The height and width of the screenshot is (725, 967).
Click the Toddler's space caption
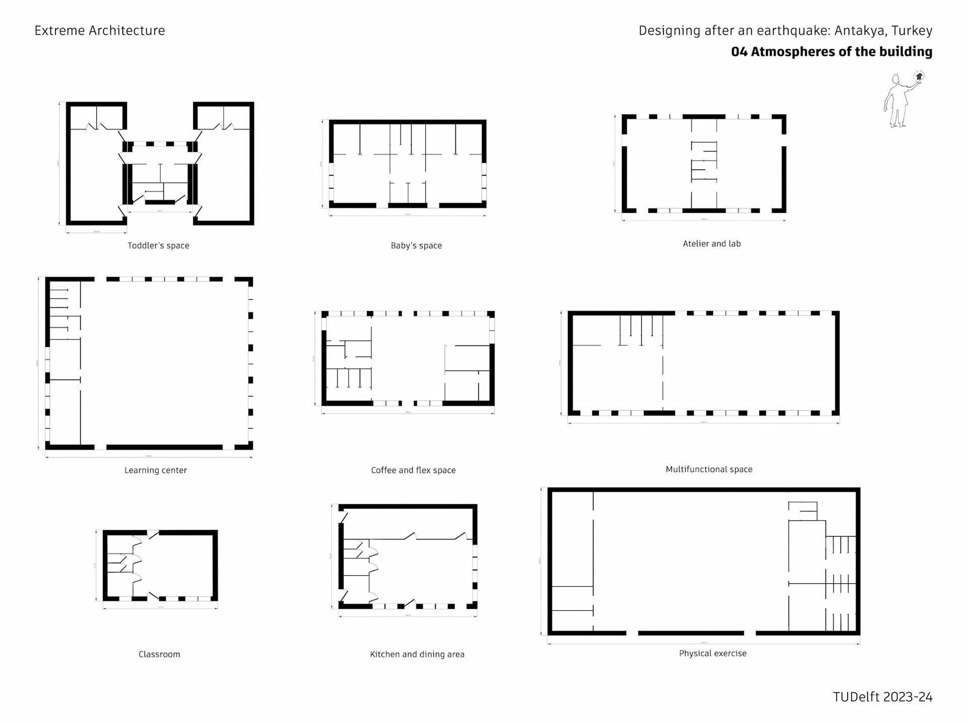(158, 246)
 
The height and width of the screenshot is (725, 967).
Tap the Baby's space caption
(416, 246)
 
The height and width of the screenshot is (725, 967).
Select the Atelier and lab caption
(711, 244)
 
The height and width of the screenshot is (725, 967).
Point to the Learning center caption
(156, 470)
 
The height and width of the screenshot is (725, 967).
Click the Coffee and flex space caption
(413, 470)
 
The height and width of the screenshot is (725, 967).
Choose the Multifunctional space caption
(709, 469)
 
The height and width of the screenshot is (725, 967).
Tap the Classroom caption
(159, 655)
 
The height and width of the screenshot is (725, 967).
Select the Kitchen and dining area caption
(417, 655)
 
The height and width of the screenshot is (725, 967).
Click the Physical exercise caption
(713, 654)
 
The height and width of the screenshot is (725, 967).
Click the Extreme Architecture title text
(100, 31)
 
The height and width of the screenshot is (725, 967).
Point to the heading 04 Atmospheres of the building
(832, 52)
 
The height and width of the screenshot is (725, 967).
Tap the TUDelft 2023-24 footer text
(882, 697)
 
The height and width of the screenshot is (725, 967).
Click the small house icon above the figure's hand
(919, 77)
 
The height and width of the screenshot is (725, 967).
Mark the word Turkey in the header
(912, 31)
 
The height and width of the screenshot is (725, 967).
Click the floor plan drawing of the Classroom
(160, 565)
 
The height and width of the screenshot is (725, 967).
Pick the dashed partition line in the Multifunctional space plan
(663, 373)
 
